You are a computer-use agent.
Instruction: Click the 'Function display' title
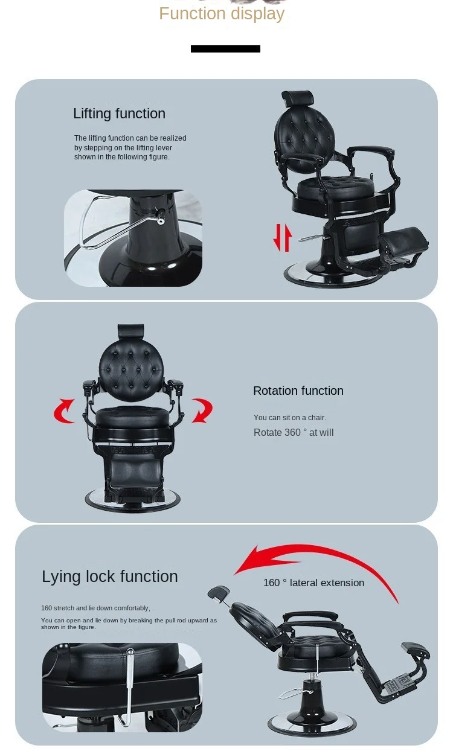(222, 14)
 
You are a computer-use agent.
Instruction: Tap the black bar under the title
(225, 49)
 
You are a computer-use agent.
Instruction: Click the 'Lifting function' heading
(119, 113)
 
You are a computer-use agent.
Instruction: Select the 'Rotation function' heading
(298, 391)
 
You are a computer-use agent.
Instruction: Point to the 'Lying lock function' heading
(110, 577)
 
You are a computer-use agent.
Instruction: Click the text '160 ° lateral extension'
(313, 583)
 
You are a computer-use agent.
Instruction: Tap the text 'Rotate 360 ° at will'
(294, 433)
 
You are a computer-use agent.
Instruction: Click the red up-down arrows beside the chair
(282, 238)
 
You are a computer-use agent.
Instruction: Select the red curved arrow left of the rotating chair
(64, 411)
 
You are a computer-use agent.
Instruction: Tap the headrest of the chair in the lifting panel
(298, 98)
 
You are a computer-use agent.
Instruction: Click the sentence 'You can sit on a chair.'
(290, 418)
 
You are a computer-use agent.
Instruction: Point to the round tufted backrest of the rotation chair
(131, 370)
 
